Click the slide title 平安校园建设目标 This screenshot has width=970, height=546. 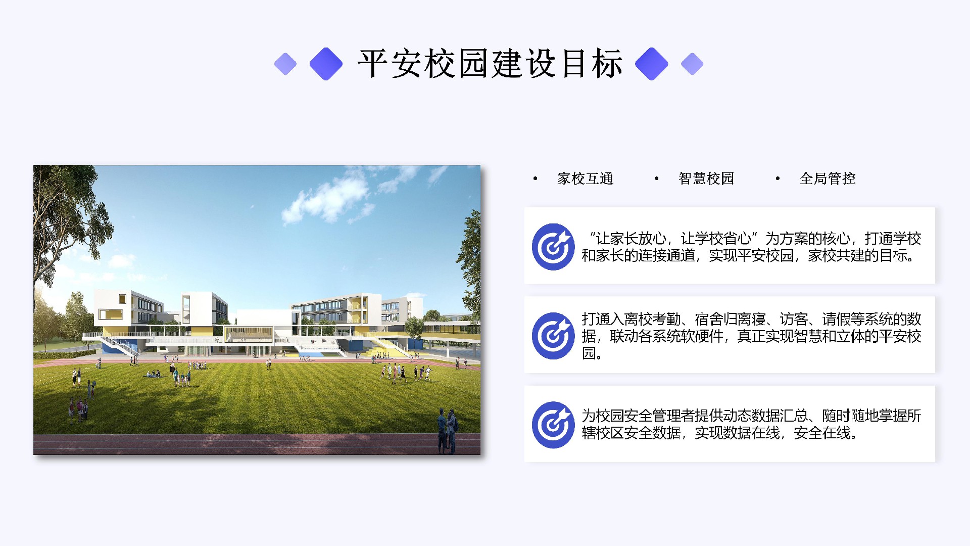tap(490, 64)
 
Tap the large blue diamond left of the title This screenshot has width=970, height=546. tap(326, 64)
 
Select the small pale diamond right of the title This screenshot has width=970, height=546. tap(692, 64)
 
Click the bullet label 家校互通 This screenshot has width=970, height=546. tap(585, 178)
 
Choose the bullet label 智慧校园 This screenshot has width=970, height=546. tap(706, 178)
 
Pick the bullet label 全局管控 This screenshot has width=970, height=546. tap(828, 178)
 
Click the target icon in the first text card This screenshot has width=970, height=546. tap(553, 247)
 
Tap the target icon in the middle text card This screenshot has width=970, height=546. tap(553, 336)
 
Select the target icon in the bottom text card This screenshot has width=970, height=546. tap(553, 425)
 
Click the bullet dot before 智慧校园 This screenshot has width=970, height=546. tap(656, 178)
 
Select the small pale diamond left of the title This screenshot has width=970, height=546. tap(285, 64)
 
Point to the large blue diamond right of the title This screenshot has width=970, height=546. tap(652, 64)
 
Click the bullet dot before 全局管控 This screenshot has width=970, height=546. tap(778, 178)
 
